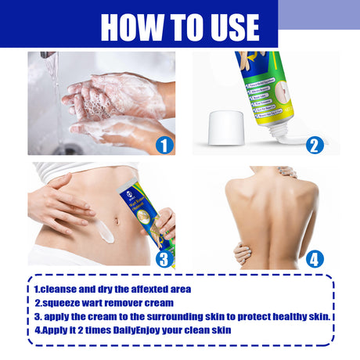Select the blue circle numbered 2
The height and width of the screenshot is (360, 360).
pos(315,145)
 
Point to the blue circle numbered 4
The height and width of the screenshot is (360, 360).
pos(315,258)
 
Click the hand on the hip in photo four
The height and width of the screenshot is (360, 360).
pos(242,253)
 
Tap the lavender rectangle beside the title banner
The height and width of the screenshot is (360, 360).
pos(319,14)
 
